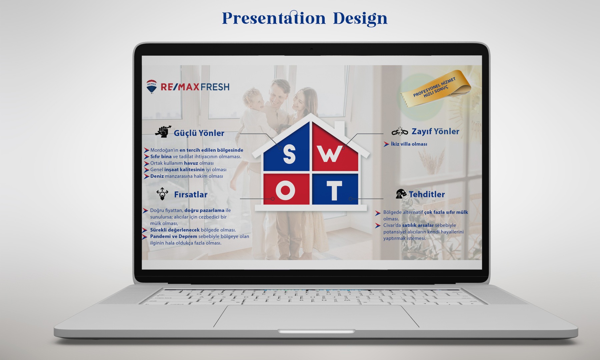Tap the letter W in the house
tap(330, 154)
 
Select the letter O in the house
tap(285, 190)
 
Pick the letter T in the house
tap(334, 191)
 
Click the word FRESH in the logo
tap(215, 87)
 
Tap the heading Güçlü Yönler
tap(199, 133)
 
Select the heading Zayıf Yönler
tap(435, 131)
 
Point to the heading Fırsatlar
tap(191, 194)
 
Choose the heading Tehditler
tap(427, 194)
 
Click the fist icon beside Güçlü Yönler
tap(163, 132)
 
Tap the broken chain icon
tap(400, 131)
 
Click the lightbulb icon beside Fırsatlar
tap(162, 194)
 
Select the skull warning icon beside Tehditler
tap(401, 194)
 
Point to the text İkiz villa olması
tap(409, 144)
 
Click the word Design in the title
tap(360, 18)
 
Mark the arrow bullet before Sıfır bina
tap(147, 157)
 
